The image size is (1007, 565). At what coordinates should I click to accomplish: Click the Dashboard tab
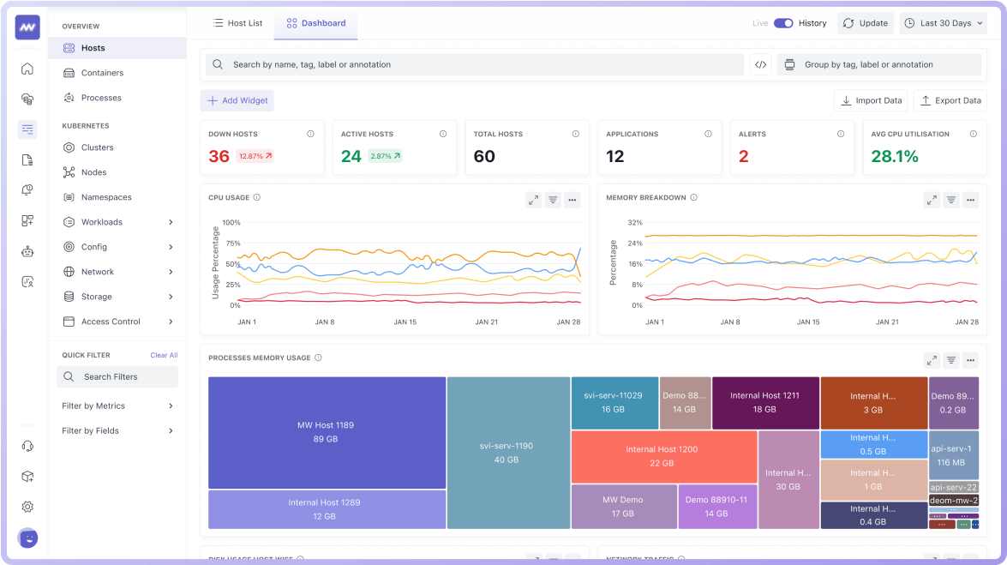[316, 23]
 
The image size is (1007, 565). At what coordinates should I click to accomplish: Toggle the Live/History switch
[783, 23]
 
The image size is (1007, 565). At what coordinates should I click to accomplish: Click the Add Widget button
[237, 100]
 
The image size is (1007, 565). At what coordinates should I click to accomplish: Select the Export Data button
[950, 100]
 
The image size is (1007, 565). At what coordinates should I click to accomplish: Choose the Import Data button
[871, 100]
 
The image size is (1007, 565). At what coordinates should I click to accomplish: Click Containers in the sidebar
[102, 73]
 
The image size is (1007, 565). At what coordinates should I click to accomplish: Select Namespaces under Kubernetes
[106, 197]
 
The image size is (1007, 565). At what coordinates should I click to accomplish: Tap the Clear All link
[164, 355]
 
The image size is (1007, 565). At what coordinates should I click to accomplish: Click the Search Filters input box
[117, 376]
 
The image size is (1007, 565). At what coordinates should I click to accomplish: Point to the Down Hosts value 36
[219, 156]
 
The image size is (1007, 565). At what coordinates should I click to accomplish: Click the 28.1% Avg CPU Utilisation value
[895, 156]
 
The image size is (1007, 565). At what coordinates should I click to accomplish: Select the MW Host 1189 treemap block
[327, 432]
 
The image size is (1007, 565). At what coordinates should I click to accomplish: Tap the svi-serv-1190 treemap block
[506, 453]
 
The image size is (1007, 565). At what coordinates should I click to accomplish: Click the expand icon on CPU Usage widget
[533, 200]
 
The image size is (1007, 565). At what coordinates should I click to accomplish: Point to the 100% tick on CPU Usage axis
[231, 223]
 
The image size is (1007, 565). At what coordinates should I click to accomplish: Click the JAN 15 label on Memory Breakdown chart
[807, 322]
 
